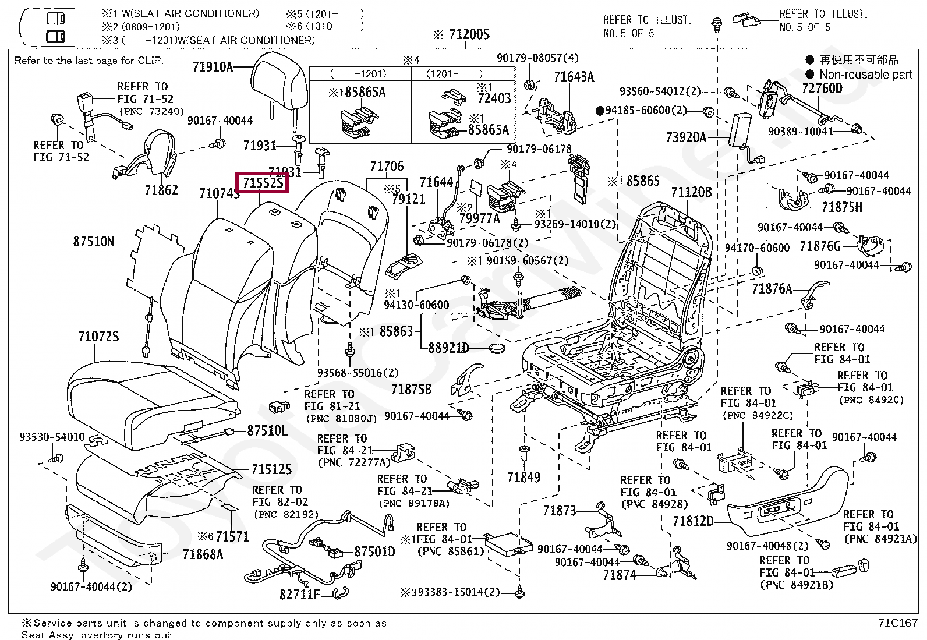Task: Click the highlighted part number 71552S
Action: click(263, 182)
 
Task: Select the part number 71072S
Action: click(98, 336)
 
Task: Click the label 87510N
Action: click(94, 241)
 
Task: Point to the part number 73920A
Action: click(686, 137)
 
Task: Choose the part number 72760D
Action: click(822, 88)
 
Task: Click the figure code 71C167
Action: click(898, 623)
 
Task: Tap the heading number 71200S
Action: click(469, 34)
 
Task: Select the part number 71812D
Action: click(693, 521)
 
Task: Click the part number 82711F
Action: click(300, 595)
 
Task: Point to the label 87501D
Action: click(374, 551)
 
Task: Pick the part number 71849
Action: click(523, 478)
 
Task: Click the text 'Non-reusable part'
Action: click(866, 75)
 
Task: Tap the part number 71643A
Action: click(574, 77)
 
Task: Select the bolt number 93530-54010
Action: click(52, 437)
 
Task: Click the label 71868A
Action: click(203, 554)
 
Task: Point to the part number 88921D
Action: click(448, 348)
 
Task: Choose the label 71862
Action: click(161, 190)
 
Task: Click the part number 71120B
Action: click(692, 192)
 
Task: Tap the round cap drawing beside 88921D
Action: click(497, 348)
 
